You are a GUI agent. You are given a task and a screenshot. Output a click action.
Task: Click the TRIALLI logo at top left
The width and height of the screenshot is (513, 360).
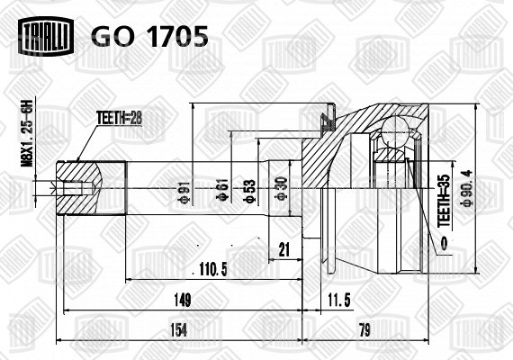tap(46, 36)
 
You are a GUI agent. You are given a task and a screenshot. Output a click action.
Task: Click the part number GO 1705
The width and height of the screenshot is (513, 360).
tap(149, 36)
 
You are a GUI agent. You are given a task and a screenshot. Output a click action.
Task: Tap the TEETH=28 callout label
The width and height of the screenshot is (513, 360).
tap(119, 118)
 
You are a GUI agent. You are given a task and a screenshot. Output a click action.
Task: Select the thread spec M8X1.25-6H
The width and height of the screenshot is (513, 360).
tap(28, 133)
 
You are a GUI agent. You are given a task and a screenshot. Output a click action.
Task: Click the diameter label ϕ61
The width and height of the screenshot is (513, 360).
tap(223, 191)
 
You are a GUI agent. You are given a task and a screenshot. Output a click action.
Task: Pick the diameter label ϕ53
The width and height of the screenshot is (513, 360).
tap(249, 191)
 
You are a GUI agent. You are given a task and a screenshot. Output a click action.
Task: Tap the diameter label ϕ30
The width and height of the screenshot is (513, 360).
tap(281, 189)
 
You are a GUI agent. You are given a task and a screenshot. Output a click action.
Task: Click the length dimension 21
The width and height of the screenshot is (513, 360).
tap(284, 250)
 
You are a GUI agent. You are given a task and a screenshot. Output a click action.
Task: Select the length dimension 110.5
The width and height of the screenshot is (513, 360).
tap(213, 270)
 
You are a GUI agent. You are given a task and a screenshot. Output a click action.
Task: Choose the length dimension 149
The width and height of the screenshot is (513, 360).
tap(182, 300)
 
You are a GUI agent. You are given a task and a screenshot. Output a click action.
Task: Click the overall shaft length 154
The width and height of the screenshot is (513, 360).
tap(179, 330)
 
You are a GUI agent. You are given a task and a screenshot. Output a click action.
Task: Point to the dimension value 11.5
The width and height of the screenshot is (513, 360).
tap(338, 300)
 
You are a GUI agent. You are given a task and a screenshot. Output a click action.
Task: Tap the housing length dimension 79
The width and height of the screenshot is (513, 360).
tap(364, 330)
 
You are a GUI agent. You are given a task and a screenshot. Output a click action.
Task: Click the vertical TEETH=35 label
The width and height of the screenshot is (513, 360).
tap(445, 201)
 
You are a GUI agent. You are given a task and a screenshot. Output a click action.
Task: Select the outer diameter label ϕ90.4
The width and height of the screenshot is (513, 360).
tap(465, 188)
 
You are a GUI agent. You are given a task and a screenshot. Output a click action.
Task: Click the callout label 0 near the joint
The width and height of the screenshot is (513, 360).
tap(445, 245)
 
